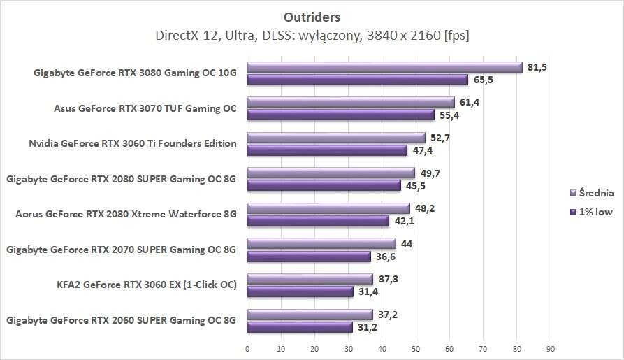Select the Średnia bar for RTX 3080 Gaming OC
tap(384, 67)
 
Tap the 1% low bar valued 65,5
tap(357, 80)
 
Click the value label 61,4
tap(470, 102)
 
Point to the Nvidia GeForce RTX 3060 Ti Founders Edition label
tap(133, 143)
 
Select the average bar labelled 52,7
tap(336, 138)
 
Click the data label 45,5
tap(416, 185)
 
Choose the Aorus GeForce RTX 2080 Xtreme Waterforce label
tap(126, 214)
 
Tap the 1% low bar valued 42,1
tap(318, 221)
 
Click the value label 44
tap(406, 243)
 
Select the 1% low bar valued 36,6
tap(309, 256)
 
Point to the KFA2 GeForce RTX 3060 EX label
tap(147, 285)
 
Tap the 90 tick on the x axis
tap(551, 347)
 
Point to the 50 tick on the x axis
tap(416, 347)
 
